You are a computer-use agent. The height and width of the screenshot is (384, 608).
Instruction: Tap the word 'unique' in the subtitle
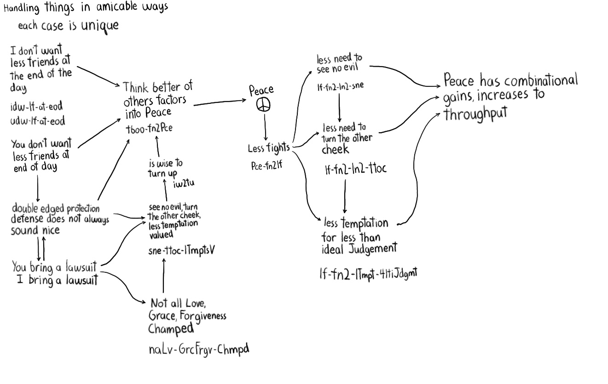click(x=100, y=26)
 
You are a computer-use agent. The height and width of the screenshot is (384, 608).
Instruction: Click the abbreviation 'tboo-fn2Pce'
click(x=149, y=129)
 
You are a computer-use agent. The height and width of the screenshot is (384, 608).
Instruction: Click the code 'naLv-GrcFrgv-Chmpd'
click(x=198, y=350)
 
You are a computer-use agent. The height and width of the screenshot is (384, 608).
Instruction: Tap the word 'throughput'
click(x=475, y=113)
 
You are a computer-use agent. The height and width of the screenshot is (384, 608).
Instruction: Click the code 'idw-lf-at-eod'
click(x=36, y=107)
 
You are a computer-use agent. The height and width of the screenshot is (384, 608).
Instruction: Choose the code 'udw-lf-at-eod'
click(x=37, y=121)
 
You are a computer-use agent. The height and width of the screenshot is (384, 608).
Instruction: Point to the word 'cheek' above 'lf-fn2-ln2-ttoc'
click(x=335, y=149)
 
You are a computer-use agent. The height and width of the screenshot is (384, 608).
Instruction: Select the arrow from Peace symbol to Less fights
click(x=265, y=128)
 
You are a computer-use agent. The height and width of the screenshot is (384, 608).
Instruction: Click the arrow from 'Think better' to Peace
click(x=220, y=102)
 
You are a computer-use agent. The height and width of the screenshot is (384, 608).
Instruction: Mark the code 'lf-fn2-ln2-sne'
click(x=340, y=86)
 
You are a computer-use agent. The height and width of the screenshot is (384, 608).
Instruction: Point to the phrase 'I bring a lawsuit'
click(x=57, y=280)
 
